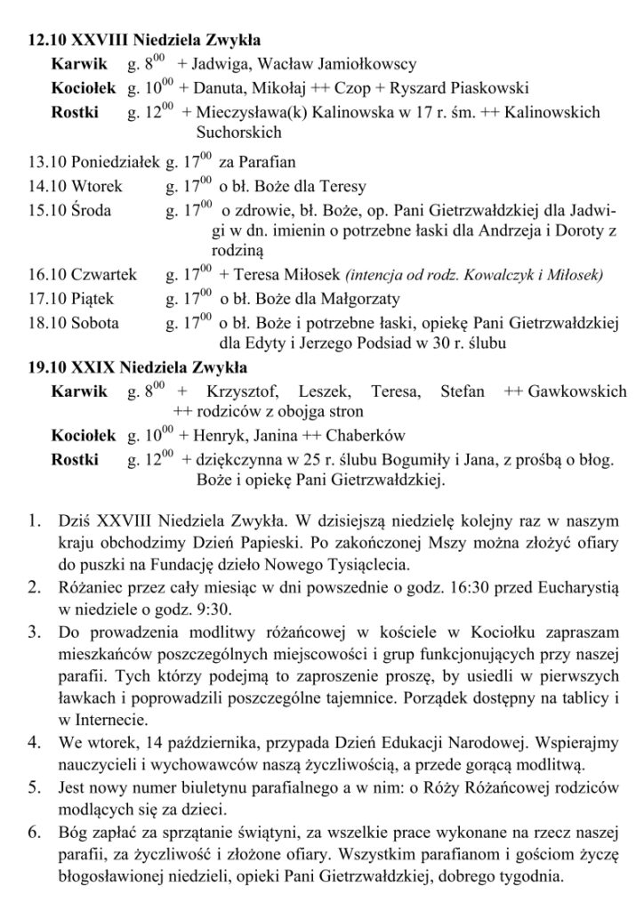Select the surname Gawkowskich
tap(577, 391)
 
